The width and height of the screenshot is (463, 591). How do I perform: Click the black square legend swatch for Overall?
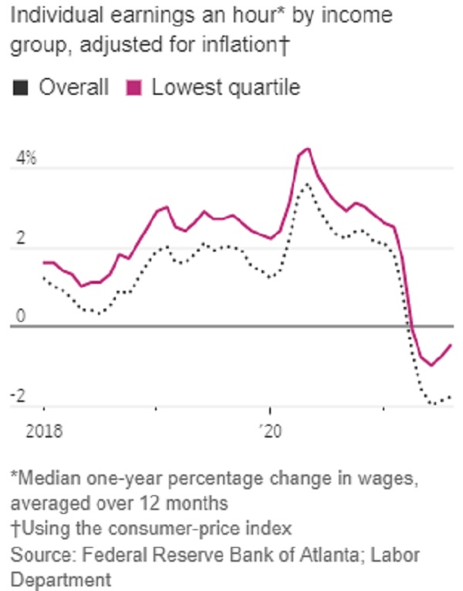(20, 88)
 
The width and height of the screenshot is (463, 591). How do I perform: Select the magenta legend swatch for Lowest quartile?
(133, 88)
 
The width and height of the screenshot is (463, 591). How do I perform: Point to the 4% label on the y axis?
(26, 158)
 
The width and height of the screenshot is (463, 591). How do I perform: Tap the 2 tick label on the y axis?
(21, 238)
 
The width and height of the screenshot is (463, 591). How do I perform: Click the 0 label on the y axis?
(21, 316)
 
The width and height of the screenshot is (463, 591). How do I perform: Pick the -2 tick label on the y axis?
(19, 396)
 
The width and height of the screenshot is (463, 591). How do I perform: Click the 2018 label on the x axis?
(44, 431)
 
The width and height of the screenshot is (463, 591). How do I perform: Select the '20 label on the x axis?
(271, 431)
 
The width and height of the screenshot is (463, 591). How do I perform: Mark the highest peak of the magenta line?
(309, 149)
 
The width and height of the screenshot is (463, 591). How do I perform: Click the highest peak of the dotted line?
(307, 184)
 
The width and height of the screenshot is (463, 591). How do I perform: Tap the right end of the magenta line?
(451, 345)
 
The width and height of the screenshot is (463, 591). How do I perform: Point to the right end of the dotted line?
(450, 397)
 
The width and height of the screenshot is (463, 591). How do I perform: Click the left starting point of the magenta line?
(44, 262)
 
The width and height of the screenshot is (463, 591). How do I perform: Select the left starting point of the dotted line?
(44, 279)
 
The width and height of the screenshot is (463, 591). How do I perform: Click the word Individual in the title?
(56, 15)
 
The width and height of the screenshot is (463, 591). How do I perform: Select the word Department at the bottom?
(61, 579)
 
